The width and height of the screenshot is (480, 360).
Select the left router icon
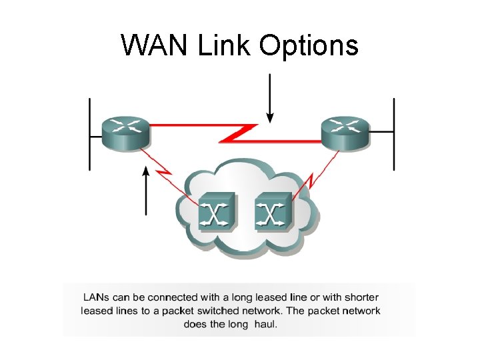125,132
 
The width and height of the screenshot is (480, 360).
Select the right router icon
345,132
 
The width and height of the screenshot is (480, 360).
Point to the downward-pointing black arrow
269,97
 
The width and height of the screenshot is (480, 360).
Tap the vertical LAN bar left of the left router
89,133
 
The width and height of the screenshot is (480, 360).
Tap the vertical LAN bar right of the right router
393,133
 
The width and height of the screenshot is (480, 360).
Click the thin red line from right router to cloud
317,173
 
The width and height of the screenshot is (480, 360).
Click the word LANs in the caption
97,297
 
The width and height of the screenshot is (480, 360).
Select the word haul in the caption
265,324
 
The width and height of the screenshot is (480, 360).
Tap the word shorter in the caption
360,297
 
